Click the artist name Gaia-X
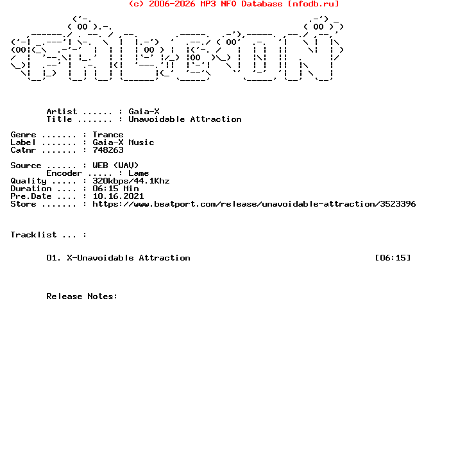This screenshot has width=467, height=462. [x=144, y=112]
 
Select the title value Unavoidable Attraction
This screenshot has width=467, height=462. [x=185, y=119]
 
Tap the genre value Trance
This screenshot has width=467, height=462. [x=108, y=135]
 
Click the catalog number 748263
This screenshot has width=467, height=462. [x=108, y=150]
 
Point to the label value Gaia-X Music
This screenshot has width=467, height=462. [x=123, y=142]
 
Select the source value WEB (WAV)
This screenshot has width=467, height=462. [x=115, y=166]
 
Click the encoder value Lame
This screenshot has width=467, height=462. [x=139, y=173]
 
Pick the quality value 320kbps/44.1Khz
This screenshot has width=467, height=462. [x=131, y=181]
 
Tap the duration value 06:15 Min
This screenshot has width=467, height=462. [x=115, y=189]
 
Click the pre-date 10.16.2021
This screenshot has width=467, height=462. [x=118, y=196]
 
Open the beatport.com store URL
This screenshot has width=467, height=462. [x=254, y=204]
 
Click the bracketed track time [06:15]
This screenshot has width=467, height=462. [x=393, y=258]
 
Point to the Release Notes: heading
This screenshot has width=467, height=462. [x=82, y=296]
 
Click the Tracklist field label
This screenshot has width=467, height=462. [x=33, y=235]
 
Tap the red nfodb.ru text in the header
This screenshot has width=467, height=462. [x=313, y=4]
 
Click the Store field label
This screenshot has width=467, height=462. [x=23, y=204]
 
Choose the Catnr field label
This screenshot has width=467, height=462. [x=23, y=150]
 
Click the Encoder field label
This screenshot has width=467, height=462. [x=64, y=173]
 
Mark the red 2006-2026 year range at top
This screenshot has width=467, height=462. [x=172, y=4]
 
